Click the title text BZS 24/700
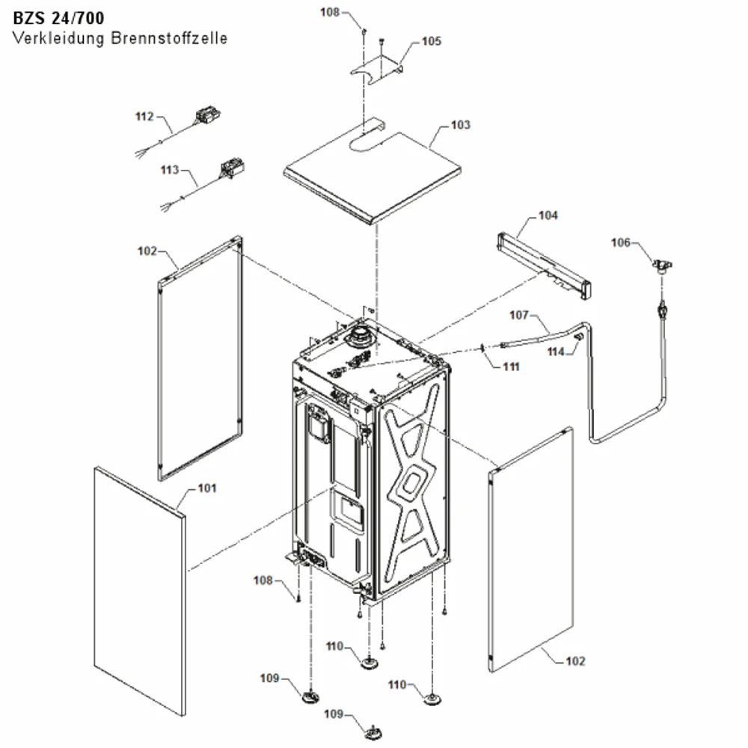click(58, 18)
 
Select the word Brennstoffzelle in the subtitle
click(169, 38)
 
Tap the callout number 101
click(207, 488)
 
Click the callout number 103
click(460, 124)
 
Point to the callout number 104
click(548, 215)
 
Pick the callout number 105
click(432, 41)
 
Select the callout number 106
click(621, 243)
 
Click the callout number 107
click(519, 315)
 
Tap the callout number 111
click(511, 367)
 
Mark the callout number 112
click(144, 117)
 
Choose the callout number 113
click(170, 170)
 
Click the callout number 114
click(556, 352)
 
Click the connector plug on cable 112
click(206, 116)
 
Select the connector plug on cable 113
click(233, 168)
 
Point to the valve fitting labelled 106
click(662, 266)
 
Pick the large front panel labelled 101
click(140, 591)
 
